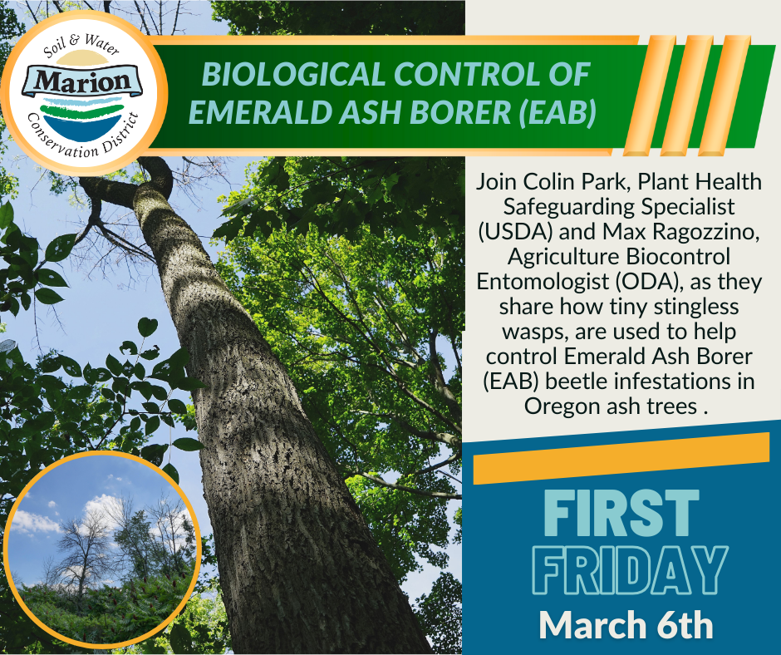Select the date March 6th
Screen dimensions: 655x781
626,625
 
